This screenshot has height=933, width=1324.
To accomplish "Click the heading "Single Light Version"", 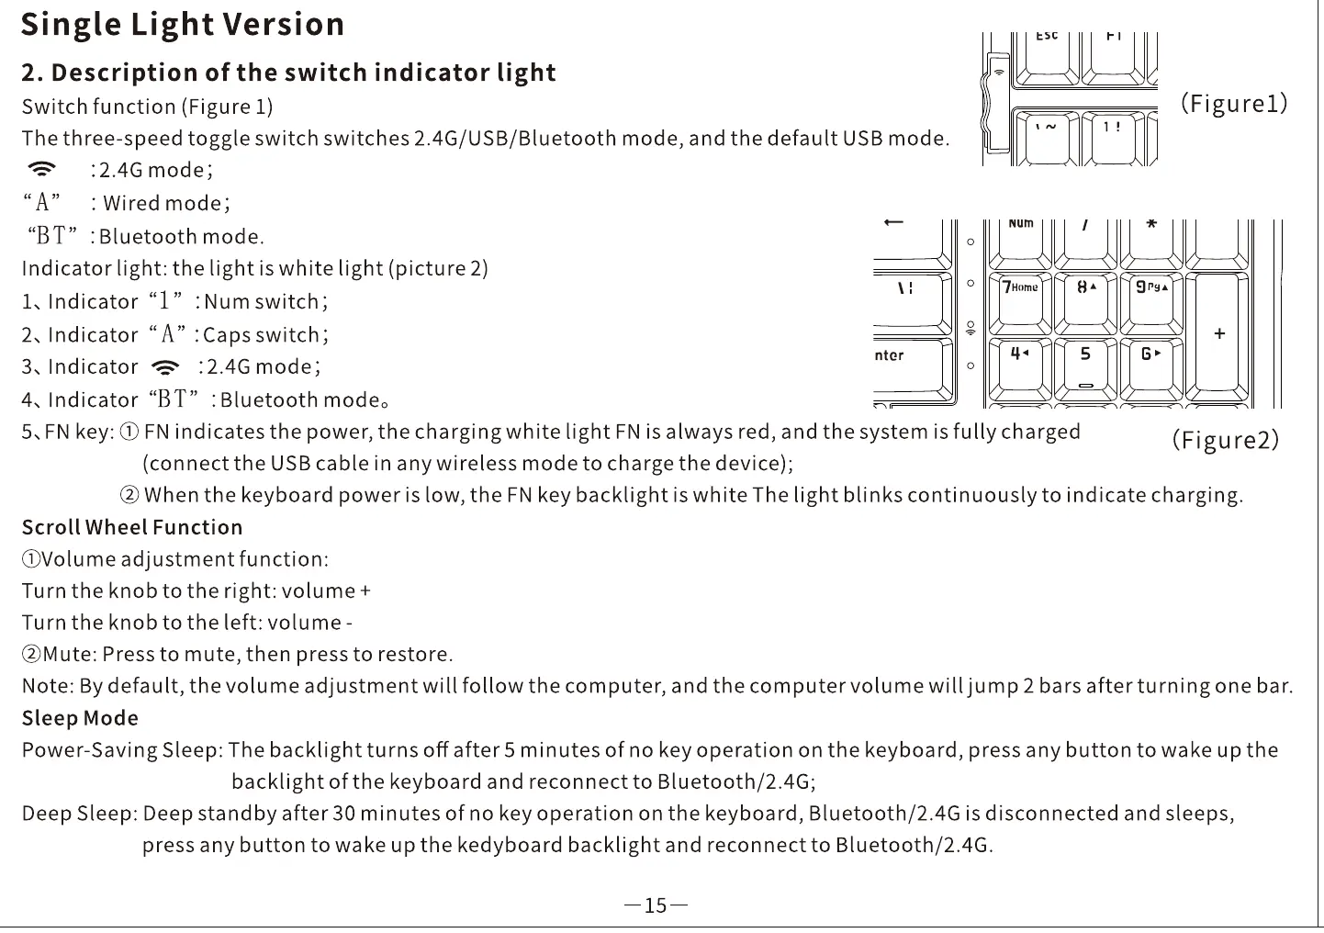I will [x=183, y=25].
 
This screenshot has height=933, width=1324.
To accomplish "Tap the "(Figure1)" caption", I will [x=1234, y=103].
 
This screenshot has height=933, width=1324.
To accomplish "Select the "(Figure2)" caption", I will [x=1225, y=440].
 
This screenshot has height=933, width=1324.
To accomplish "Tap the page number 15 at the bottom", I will [x=656, y=906].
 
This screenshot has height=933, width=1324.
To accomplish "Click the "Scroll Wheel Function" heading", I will [x=132, y=528].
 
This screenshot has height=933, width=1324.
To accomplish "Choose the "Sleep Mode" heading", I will [x=80, y=719].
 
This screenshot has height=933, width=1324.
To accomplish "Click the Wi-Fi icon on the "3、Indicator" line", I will [x=166, y=368].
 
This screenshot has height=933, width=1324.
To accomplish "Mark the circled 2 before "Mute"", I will [x=31, y=655].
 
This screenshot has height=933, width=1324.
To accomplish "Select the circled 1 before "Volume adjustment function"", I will [x=30, y=559].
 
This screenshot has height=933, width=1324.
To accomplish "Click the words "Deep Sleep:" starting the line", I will [x=79, y=815].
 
